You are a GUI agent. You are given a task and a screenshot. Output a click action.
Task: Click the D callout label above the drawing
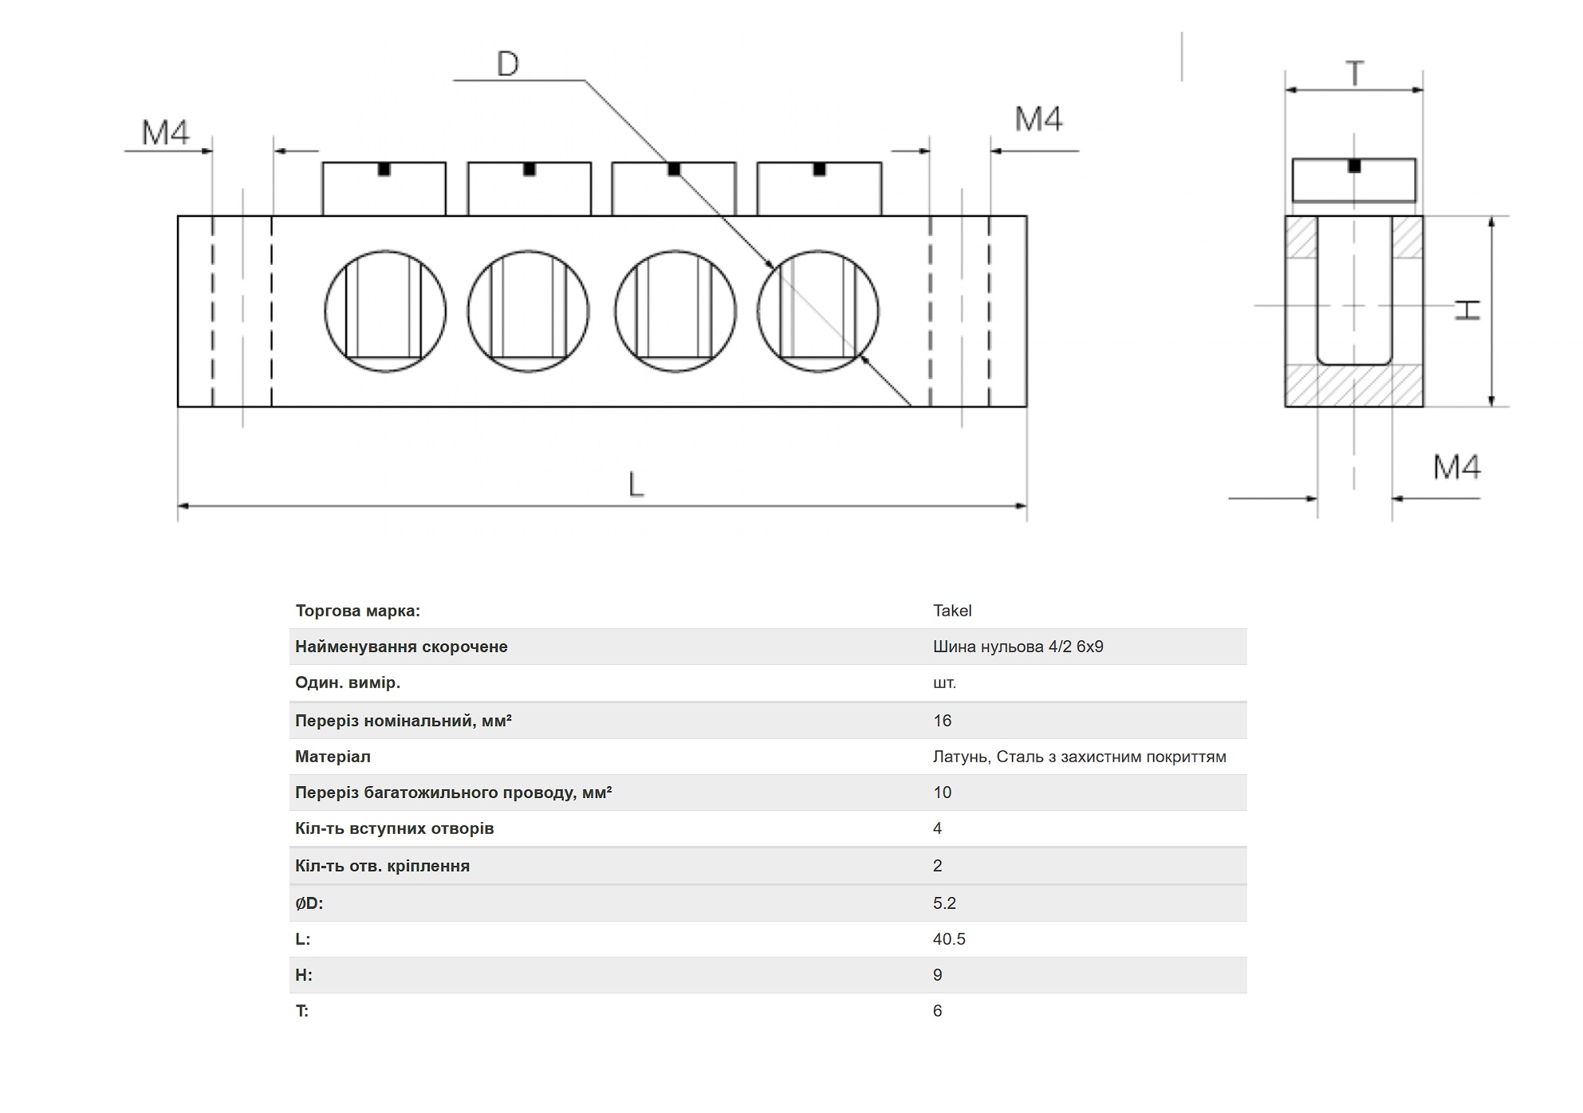coord(508,64)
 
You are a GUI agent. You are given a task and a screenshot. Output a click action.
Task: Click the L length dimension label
coord(636,484)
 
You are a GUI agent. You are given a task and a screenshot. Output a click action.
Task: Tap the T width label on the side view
coord(1354,73)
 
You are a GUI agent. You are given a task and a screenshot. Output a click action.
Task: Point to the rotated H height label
coord(1467,310)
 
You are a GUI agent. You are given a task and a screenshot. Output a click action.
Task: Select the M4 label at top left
coord(166,132)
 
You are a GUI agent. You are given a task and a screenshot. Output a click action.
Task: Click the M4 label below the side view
coord(1457,467)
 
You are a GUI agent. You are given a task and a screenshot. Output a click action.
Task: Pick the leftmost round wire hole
coord(385,311)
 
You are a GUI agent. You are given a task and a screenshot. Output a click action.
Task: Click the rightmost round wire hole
coord(818,311)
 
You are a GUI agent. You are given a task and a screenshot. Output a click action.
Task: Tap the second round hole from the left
coord(529,311)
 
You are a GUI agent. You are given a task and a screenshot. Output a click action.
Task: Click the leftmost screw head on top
coord(384,188)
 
